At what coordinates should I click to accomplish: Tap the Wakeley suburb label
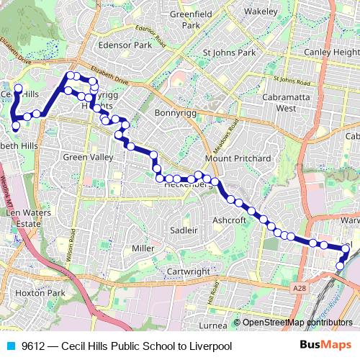(260, 12)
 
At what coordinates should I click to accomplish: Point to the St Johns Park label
(230, 53)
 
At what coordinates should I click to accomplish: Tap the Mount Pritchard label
(238, 158)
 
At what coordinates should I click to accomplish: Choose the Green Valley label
(89, 157)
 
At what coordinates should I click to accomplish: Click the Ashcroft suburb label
(230, 220)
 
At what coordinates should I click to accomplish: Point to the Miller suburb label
(143, 248)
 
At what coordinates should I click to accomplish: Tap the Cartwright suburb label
(188, 271)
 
